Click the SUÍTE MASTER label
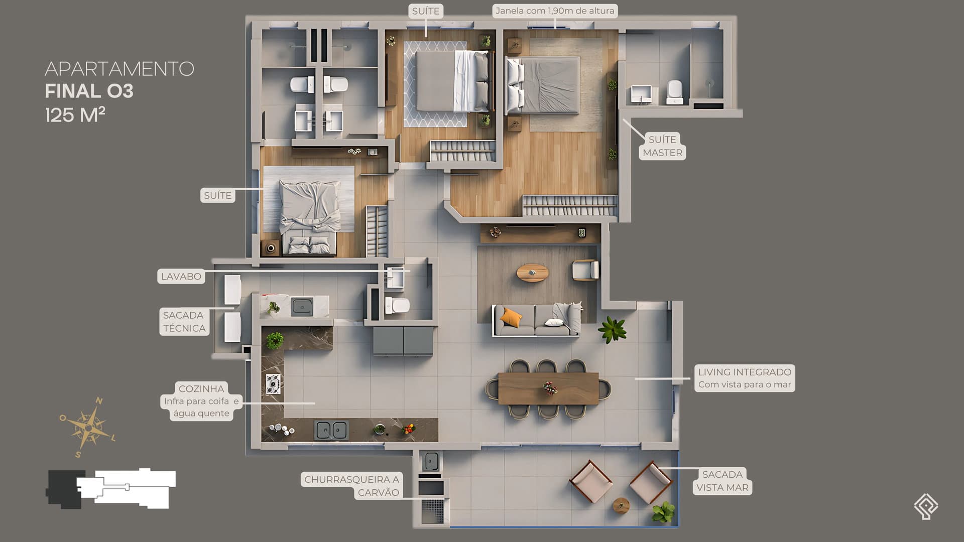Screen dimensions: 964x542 click(x=662, y=146)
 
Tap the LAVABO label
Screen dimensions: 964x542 click(x=181, y=277)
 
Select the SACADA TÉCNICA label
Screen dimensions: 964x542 click(x=184, y=322)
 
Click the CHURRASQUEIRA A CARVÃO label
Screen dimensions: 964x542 click(x=351, y=486)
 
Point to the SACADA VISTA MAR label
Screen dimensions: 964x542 click(x=722, y=481)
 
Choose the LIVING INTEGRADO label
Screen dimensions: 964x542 click(x=745, y=378)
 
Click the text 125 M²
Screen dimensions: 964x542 click(x=75, y=115)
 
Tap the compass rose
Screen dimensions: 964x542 click(x=88, y=427)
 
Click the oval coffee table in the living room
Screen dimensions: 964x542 click(x=533, y=273)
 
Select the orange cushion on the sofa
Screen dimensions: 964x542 click(x=511, y=317)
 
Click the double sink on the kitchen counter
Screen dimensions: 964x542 click(x=331, y=430)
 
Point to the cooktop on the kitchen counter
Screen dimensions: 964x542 click(x=273, y=384)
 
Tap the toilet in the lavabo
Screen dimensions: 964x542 click(x=397, y=305)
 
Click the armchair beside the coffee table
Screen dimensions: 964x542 click(x=585, y=270)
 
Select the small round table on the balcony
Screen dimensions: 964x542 click(x=621, y=505)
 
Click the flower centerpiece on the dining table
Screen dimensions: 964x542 click(x=550, y=388)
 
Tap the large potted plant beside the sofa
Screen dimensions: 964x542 click(x=612, y=329)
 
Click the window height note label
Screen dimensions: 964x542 click(x=555, y=11)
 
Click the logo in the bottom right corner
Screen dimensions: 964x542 click(x=926, y=506)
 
